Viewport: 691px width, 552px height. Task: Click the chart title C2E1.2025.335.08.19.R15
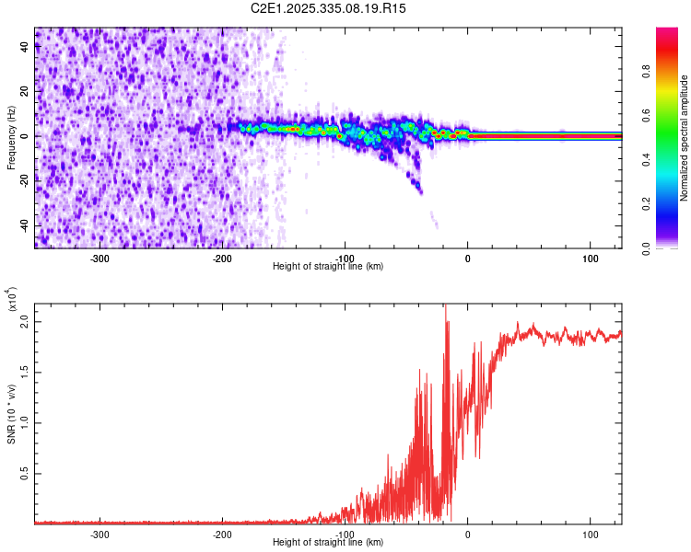coord(329,8)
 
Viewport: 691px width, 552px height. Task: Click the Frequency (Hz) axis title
coord(11,137)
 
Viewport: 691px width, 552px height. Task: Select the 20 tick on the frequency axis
coord(26,91)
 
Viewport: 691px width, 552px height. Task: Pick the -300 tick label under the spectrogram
coord(100,258)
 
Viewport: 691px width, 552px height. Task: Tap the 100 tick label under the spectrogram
coord(591,258)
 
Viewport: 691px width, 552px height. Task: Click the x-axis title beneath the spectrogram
coord(328,267)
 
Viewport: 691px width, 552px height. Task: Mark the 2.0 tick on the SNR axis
coord(26,323)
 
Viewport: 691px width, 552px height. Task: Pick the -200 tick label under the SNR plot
coord(222,534)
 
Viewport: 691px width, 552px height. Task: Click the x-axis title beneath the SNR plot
coord(328,543)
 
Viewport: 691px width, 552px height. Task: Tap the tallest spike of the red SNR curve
coord(446,307)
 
